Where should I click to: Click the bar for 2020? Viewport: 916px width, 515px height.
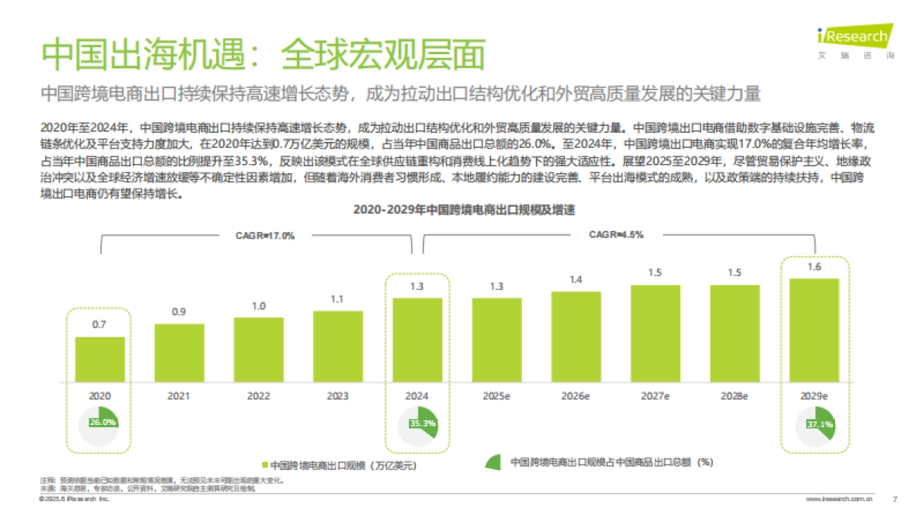click(100, 359)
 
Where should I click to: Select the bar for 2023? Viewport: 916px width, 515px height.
click(337, 346)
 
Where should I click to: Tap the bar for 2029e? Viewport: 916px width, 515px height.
click(814, 330)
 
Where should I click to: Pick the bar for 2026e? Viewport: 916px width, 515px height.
click(576, 336)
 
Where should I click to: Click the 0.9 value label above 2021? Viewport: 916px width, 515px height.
click(179, 312)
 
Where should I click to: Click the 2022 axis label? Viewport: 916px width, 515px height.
click(258, 396)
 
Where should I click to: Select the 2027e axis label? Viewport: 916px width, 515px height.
click(655, 396)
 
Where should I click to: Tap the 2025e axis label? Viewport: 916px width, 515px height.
click(496, 396)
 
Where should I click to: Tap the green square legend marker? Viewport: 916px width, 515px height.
click(265, 464)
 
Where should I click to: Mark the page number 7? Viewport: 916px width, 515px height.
click(894, 498)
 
